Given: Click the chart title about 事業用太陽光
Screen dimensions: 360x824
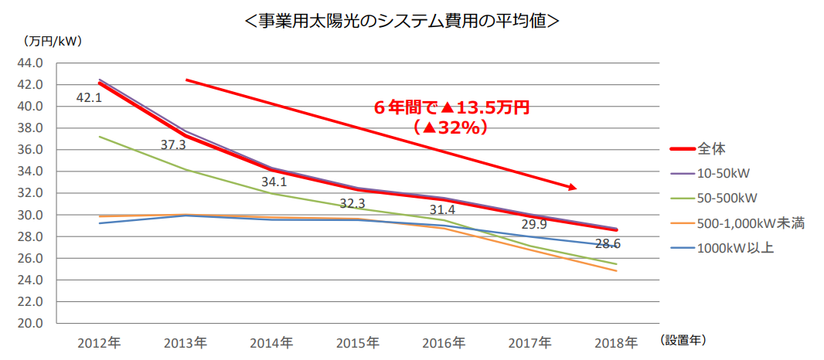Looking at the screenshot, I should click(401, 21).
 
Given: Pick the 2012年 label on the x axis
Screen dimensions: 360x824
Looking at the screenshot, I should click(99, 341).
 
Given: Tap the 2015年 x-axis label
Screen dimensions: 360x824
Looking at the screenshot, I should click(358, 341).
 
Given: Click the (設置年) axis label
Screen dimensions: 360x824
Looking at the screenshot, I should click(684, 339).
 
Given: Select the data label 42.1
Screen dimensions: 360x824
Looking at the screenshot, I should click(89, 98).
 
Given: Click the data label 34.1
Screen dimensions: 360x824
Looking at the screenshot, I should click(274, 183).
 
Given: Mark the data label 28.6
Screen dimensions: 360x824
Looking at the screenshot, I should click(608, 243).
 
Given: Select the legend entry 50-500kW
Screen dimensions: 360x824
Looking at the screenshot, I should click(727, 197).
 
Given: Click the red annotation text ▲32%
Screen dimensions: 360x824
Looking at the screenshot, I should click(451, 127).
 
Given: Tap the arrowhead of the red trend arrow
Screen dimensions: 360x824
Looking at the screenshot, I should click(572, 186).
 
